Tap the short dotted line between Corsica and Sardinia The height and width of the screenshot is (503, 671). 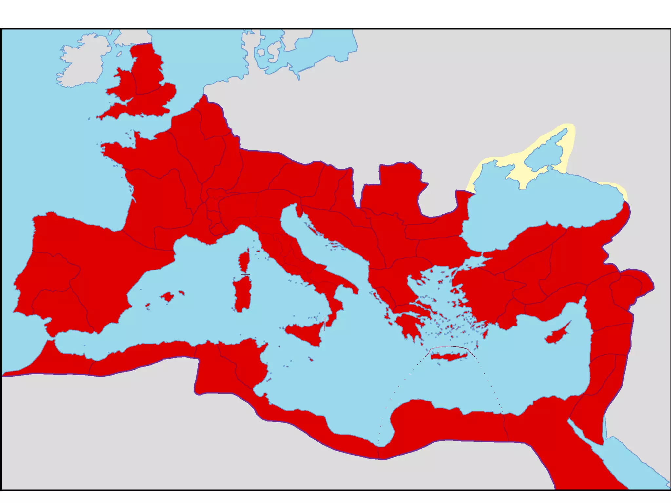tap(245, 274)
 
